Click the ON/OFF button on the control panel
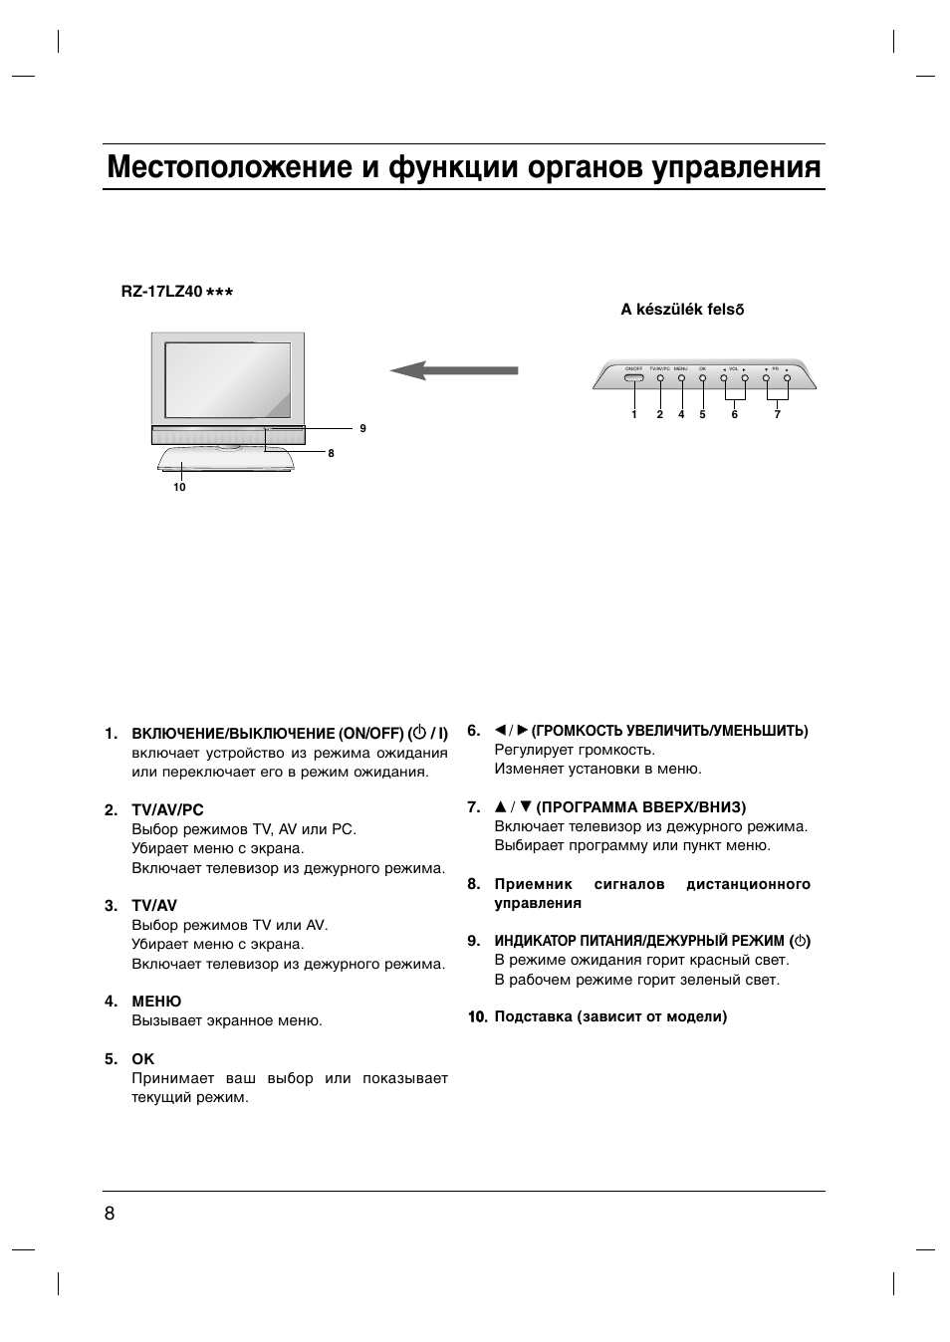click(x=634, y=377)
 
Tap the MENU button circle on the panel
click(x=681, y=378)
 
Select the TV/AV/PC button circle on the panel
click(x=660, y=378)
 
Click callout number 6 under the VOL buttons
click(x=734, y=415)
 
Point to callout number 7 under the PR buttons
click(x=777, y=415)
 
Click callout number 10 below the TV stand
click(x=179, y=488)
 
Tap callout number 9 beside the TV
click(x=363, y=428)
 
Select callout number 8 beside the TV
click(x=331, y=454)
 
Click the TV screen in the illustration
click(x=227, y=379)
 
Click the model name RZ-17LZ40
click(x=161, y=292)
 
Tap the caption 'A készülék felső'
click(x=682, y=310)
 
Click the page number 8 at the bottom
click(x=110, y=1213)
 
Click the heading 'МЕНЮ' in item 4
click(x=156, y=1002)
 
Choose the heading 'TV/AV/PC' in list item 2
click(x=167, y=810)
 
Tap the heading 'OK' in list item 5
click(x=143, y=1059)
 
